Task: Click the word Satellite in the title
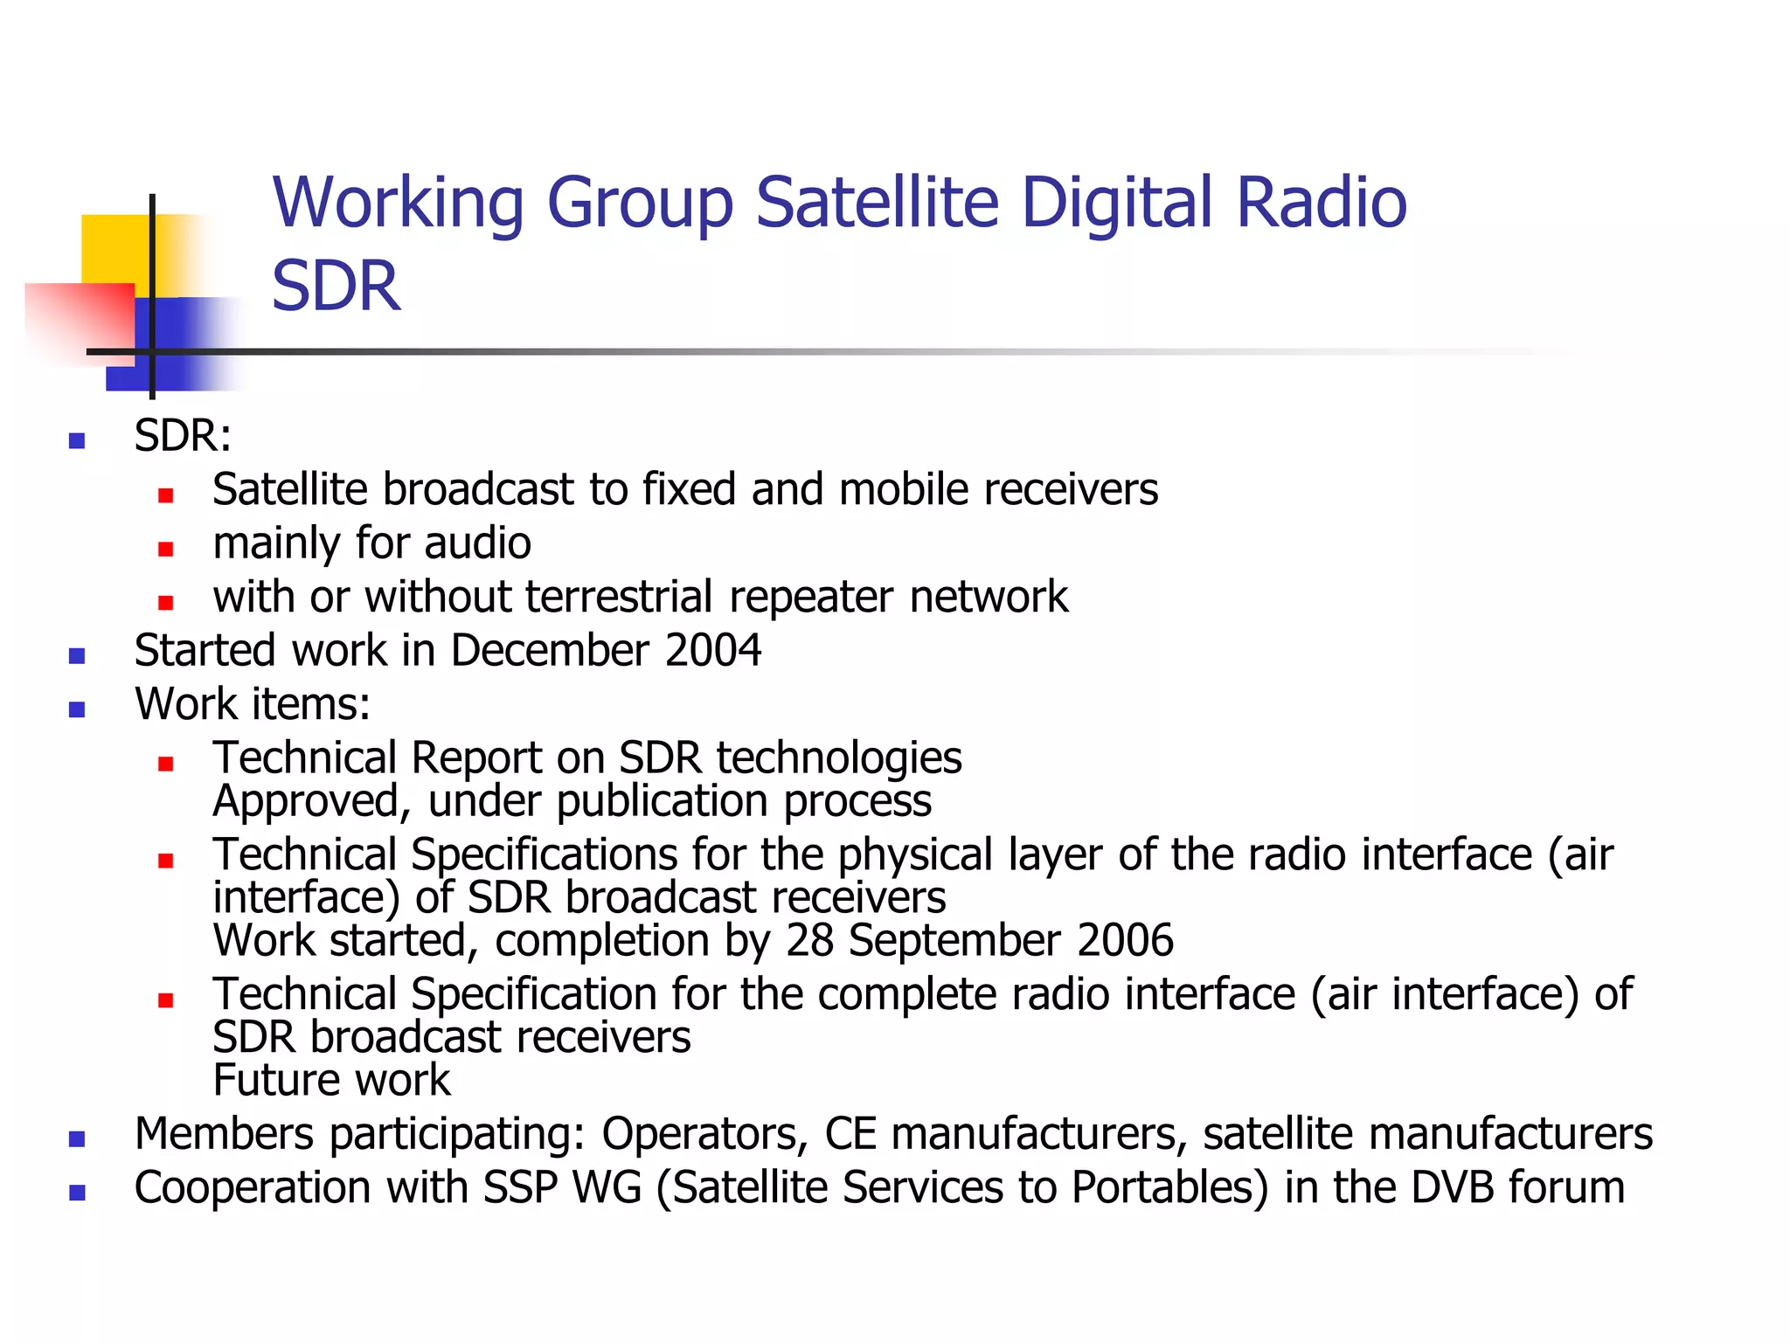[x=877, y=203]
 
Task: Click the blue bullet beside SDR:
[x=77, y=440]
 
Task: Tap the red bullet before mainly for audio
[x=166, y=550]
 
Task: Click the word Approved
[x=306, y=801]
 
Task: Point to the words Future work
[x=331, y=1081]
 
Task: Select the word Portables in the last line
[x=1169, y=1188]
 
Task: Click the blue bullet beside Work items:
[x=77, y=709]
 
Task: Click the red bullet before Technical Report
[x=166, y=764]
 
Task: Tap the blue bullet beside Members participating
[x=77, y=1139]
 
